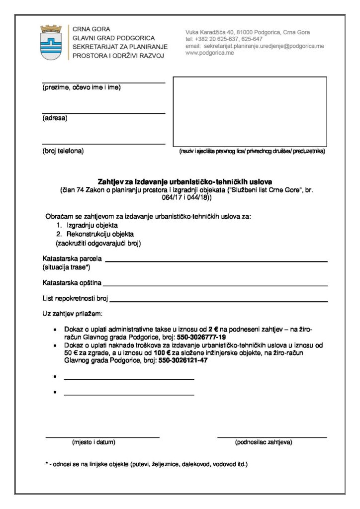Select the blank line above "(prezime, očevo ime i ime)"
coord(103,83)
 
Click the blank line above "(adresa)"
coord(103,113)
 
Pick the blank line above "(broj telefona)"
coord(103,144)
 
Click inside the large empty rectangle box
coord(250,111)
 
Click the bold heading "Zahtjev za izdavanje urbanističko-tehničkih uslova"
coord(185,181)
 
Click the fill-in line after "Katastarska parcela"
coord(216,260)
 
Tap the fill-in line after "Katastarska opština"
coord(215,285)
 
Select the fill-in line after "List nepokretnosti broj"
coord(219,301)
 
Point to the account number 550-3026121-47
coord(183,360)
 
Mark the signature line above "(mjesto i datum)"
coord(102,437)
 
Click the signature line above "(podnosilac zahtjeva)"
coord(272,437)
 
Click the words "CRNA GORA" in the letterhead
coord(91,29)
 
